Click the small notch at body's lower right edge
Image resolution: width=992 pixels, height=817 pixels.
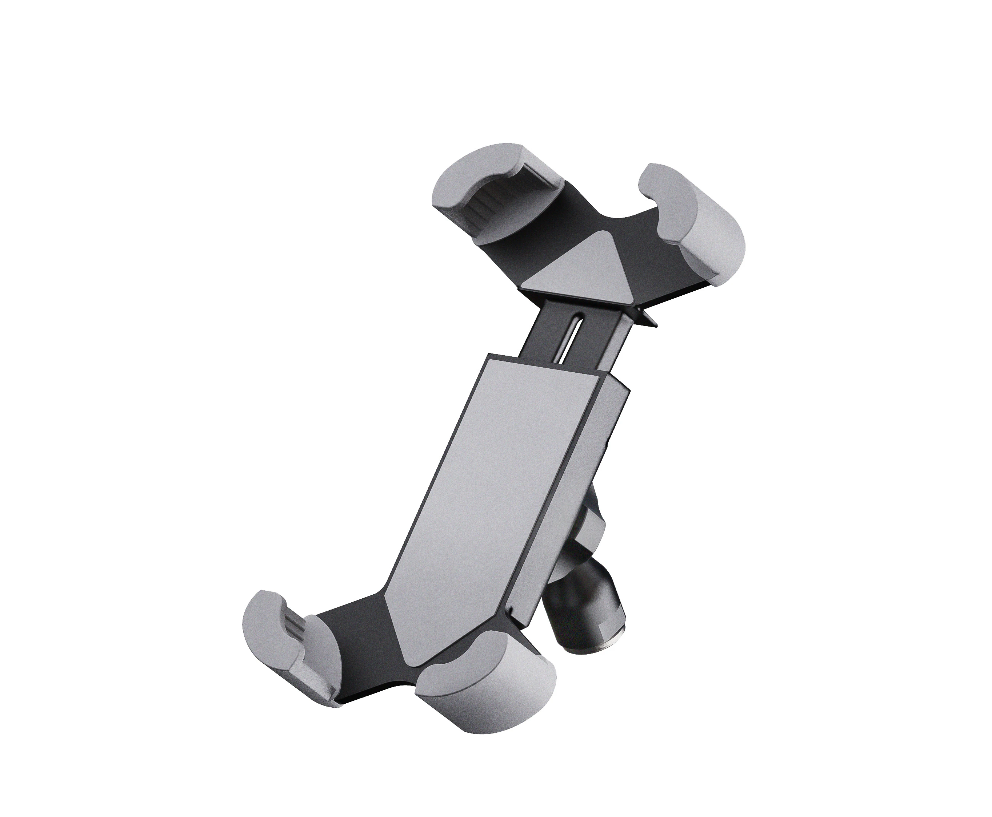tap(511, 612)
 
